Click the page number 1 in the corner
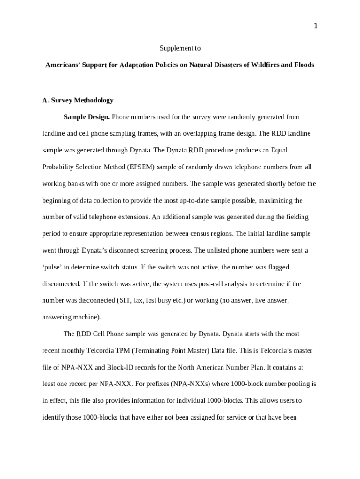tap(316, 26)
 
